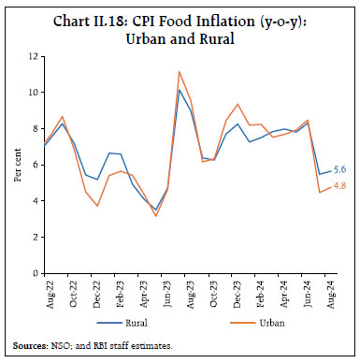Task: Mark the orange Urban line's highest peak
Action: pyautogui.click(x=179, y=71)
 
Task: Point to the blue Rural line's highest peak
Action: pyautogui.click(x=179, y=90)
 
